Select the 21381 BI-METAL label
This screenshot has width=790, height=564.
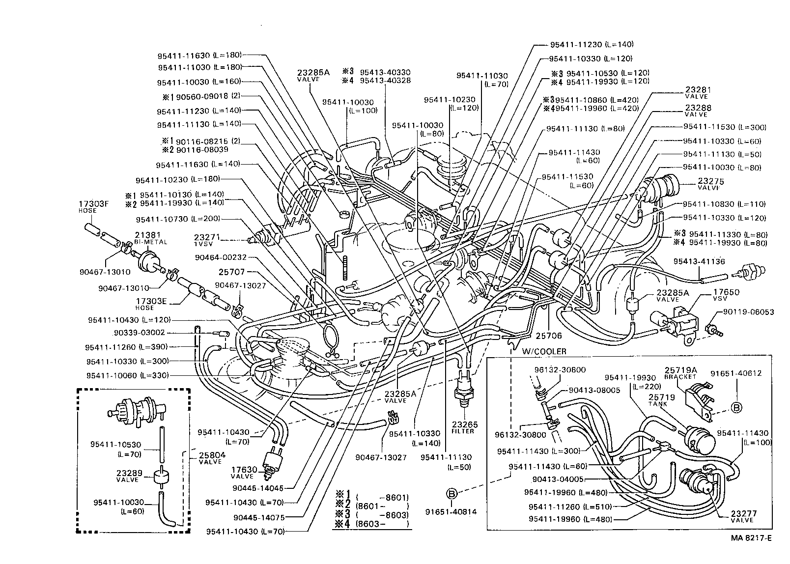(x=151, y=238)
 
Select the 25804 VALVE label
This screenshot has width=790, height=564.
(x=212, y=458)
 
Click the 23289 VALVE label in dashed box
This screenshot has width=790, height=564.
(x=129, y=476)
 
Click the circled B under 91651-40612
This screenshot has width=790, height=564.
(x=736, y=407)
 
